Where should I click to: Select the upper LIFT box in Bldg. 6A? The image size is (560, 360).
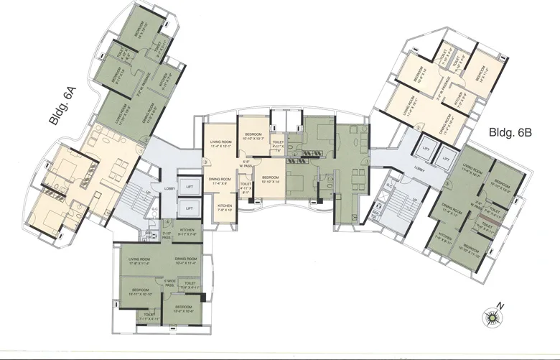pyautogui.click(x=188, y=186)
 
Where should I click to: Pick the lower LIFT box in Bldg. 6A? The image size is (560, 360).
pyautogui.click(x=188, y=208)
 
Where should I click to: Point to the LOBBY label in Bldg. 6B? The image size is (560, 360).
pyautogui.click(x=419, y=172)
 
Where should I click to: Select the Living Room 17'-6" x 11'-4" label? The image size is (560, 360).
pyautogui.click(x=144, y=261)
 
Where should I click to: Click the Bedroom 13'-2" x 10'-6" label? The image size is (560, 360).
pyautogui.click(x=187, y=309)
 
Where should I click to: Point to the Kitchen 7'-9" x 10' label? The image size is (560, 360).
pyautogui.click(x=225, y=208)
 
